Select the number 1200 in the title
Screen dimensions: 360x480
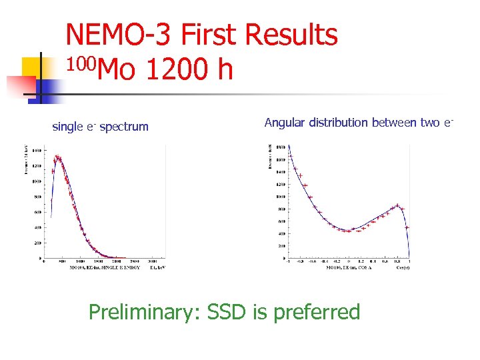(167, 69)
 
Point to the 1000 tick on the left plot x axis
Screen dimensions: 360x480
(79, 261)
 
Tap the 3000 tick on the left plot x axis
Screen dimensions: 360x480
(153, 261)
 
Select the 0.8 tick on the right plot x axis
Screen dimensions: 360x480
(397, 261)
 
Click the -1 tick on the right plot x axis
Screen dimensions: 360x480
(289, 261)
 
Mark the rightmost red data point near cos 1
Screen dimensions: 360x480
(407, 227)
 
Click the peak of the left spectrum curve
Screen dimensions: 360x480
(57, 158)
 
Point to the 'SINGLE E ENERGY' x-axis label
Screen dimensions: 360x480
(104, 267)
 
